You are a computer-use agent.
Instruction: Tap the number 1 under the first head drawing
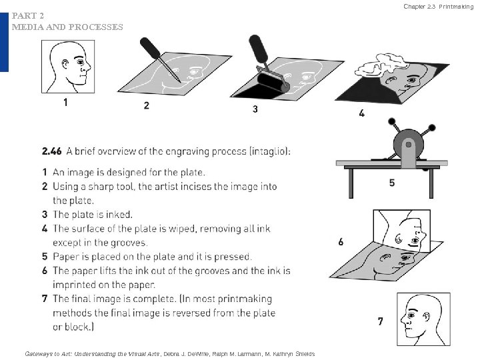pyautogui.click(x=65, y=103)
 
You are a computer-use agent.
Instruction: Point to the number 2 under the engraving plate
pyautogui.click(x=146, y=105)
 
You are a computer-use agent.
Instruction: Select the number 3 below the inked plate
pyautogui.click(x=255, y=109)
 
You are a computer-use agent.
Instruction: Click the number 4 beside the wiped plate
pyautogui.click(x=362, y=113)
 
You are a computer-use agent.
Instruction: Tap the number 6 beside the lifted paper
pyautogui.click(x=341, y=242)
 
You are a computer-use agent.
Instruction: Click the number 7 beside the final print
pyautogui.click(x=380, y=321)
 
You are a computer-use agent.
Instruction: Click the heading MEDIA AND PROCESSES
pyautogui.click(x=67, y=27)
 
